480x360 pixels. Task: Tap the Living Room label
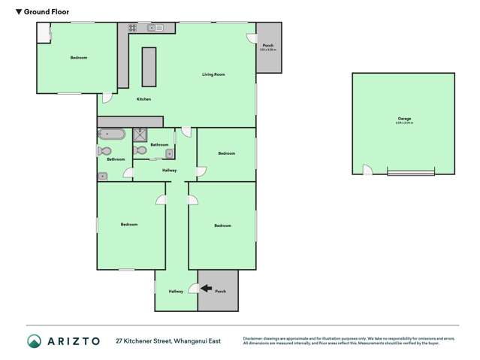[x=213, y=74]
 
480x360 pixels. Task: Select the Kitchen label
[x=143, y=99]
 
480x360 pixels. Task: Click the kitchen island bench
[x=149, y=68]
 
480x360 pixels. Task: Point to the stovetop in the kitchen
[x=132, y=28]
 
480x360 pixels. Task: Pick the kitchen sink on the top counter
[x=155, y=28]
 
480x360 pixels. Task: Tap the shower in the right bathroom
[x=140, y=135]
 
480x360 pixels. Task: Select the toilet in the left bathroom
[x=104, y=151]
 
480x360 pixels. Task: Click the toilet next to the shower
[x=140, y=150]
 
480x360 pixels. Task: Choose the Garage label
[x=404, y=119]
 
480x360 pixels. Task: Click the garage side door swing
[x=367, y=170]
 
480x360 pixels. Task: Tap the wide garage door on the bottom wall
[x=410, y=174]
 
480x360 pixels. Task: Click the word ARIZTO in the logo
[x=74, y=341]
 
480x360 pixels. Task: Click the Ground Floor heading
[x=41, y=12]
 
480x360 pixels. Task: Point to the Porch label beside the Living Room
[x=267, y=46]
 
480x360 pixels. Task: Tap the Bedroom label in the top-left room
[x=78, y=58]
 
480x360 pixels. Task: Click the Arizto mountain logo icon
[x=35, y=341]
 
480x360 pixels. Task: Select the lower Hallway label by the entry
[x=176, y=291]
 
